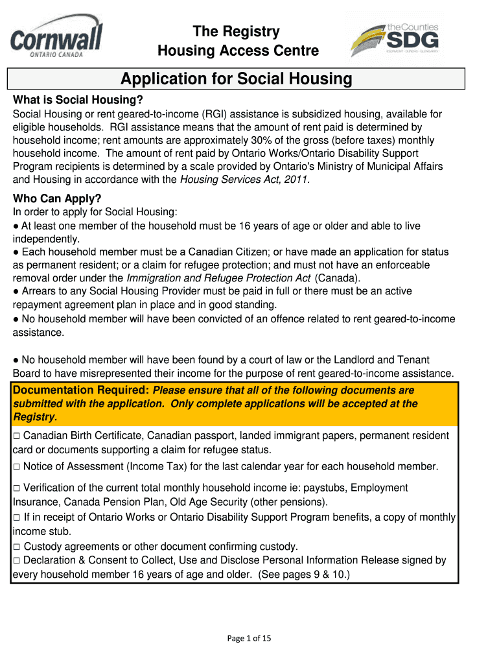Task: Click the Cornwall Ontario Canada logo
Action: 56,38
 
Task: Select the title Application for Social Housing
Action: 237,79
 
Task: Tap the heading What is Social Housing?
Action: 77,101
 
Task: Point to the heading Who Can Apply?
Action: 58,198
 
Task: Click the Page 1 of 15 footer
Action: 249,638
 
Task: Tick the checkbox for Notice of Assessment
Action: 17,467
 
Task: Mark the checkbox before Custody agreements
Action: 17,547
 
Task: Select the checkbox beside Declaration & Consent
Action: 17,561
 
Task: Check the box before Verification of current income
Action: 17,488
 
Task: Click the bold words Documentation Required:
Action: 81,390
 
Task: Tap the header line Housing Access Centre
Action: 238,51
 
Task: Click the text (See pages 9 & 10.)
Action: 304,574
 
